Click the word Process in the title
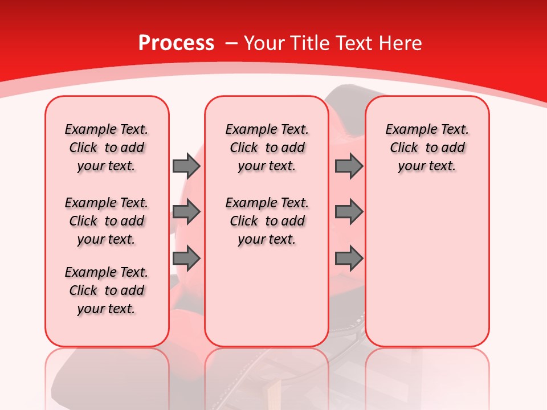pos(176,43)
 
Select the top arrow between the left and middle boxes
pos(186,166)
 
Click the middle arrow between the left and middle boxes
pos(186,212)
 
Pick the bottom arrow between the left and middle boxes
pos(186,259)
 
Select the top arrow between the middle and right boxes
pos(349,166)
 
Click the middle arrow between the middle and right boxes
pos(349,212)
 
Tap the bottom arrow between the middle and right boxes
pos(349,259)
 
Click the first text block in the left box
pos(107,147)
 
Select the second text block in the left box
pos(107,221)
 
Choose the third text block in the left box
pos(107,290)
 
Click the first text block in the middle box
pos(267,147)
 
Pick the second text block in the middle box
pos(267,221)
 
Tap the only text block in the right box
pos(427,147)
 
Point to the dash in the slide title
pos(231,43)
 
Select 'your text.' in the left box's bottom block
pos(107,309)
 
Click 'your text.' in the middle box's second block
pos(267,239)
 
